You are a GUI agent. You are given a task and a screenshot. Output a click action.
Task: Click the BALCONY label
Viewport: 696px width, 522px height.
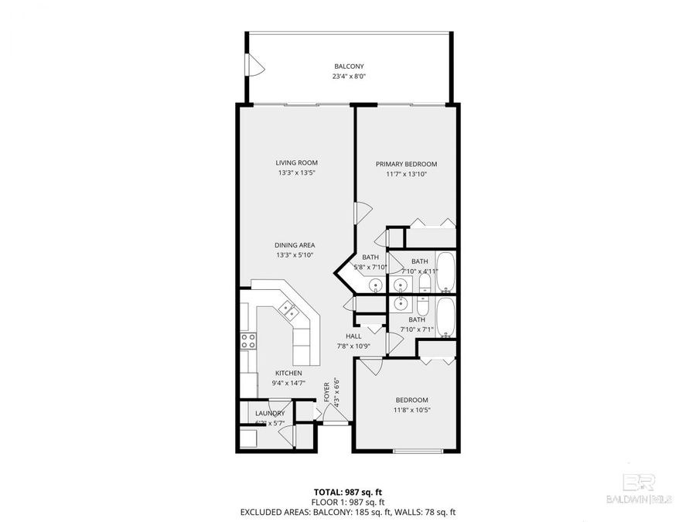click(x=349, y=67)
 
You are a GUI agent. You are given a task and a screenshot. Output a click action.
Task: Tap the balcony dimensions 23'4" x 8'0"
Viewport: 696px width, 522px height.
click(x=349, y=77)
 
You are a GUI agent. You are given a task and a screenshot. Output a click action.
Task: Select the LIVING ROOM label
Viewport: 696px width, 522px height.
click(x=297, y=162)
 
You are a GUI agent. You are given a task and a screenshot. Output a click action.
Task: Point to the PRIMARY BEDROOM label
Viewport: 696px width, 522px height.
click(x=406, y=164)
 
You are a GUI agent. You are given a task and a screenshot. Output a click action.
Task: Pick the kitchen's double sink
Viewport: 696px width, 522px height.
click(x=289, y=312)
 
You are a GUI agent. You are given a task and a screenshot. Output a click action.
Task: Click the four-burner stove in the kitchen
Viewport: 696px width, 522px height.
click(x=248, y=341)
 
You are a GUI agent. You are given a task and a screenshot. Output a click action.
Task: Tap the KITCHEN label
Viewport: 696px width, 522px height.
click(x=266, y=373)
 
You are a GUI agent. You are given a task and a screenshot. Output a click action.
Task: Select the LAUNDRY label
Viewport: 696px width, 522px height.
click(x=270, y=413)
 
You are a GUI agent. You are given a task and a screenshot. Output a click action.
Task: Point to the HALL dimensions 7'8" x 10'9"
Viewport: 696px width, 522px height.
click(x=353, y=346)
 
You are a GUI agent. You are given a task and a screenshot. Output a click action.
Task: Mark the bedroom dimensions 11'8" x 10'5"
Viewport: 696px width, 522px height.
click(x=410, y=410)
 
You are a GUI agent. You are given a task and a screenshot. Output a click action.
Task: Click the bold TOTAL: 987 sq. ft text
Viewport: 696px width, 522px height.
click(x=347, y=491)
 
